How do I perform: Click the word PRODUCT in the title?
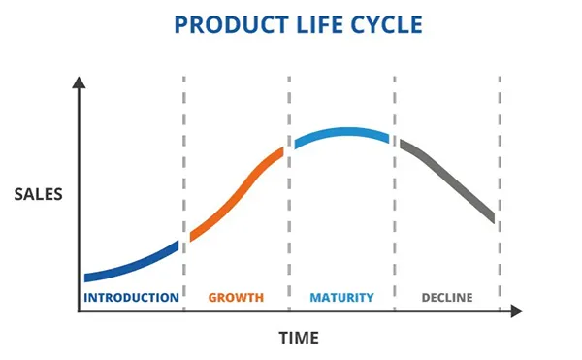click(x=231, y=25)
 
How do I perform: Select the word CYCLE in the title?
click(x=386, y=25)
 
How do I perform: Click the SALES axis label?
click(x=38, y=194)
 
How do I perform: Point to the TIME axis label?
click(x=299, y=338)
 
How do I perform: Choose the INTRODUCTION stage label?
click(x=131, y=298)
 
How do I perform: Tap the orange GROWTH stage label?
click(x=236, y=298)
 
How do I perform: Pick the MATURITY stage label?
click(x=341, y=298)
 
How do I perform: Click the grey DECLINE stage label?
click(x=447, y=298)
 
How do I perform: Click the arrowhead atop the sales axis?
click(x=79, y=82)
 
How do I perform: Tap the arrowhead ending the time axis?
click(x=517, y=311)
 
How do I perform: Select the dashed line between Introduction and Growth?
click(x=184, y=193)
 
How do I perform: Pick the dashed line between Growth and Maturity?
click(x=289, y=193)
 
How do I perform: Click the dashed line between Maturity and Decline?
click(x=395, y=193)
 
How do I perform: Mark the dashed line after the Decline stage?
click(x=500, y=193)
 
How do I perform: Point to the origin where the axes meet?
click(x=79, y=311)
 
